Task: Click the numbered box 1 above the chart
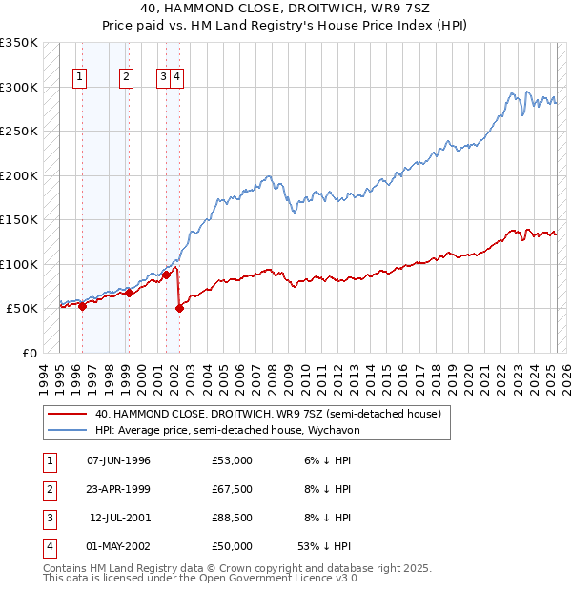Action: [x=78, y=78]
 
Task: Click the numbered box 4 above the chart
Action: [x=178, y=78]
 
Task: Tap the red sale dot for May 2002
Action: [x=179, y=308]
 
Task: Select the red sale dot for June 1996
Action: [x=83, y=306]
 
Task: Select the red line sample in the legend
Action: [x=67, y=415]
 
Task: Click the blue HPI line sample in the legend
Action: [x=67, y=431]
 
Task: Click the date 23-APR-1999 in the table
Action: [x=118, y=489]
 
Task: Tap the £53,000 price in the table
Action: [x=233, y=460]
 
